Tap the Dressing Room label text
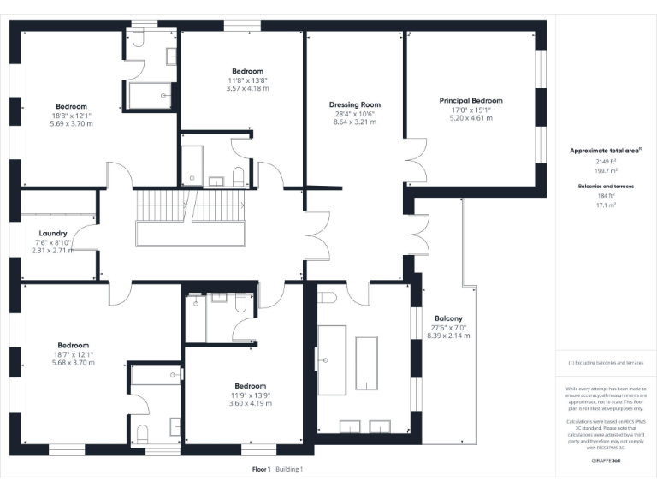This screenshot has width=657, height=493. pyautogui.click(x=353, y=104)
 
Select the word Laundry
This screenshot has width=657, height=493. pyautogui.click(x=53, y=233)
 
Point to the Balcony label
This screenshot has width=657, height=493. pyautogui.click(x=447, y=318)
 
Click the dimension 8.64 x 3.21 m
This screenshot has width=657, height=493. pyautogui.click(x=353, y=122)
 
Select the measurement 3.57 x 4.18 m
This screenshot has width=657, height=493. pyautogui.click(x=247, y=88)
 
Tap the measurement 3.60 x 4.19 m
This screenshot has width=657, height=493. pyautogui.click(x=250, y=403)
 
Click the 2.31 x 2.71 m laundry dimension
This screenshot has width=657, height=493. pyautogui.click(x=53, y=251)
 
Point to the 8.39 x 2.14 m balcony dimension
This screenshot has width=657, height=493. pyautogui.click(x=447, y=336)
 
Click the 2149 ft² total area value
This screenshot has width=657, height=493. pyautogui.click(x=605, y=161)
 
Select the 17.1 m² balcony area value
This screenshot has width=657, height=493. pyautogui.click(x=605, y=205)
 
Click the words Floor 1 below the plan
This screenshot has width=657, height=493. pyautogui.click(x=261, y=469)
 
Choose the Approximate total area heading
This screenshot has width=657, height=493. pyautogui.click(x=603, y=151)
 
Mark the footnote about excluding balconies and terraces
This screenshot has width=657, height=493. pyautogui.click(x=605, y=363)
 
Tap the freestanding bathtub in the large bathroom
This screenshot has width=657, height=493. pyautogui.click(x=367, y=363)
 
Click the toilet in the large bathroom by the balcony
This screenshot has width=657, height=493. pyautogui.click(x=326, y=298)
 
